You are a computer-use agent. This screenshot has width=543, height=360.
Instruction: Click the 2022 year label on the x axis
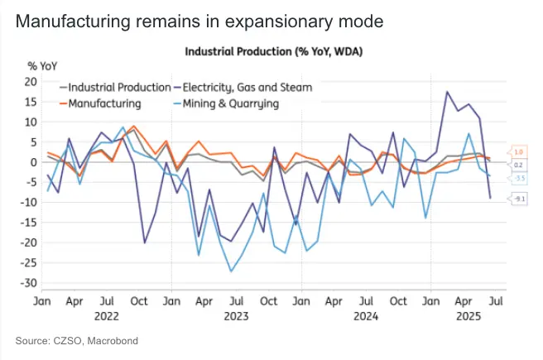108,315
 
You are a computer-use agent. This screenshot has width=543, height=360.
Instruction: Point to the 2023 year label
237,315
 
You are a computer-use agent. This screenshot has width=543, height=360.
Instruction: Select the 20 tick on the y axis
32,81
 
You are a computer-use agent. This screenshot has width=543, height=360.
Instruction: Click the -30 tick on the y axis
30,283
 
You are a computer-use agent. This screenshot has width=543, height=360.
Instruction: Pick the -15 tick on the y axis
30,223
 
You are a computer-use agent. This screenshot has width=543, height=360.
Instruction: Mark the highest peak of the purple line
447,92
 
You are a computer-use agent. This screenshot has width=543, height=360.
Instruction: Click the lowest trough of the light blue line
230,271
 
